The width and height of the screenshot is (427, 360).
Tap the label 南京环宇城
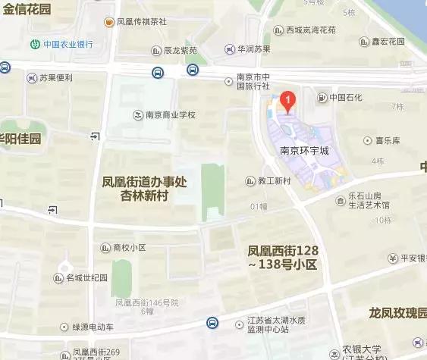[305, 151]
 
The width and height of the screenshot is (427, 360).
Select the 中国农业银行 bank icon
[35, 43]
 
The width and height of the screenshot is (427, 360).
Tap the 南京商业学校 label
[170, 115]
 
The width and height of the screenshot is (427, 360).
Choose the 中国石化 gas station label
[345, 97]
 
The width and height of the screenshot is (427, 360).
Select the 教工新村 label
[274, 181]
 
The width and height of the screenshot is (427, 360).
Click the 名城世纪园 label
[86, 278]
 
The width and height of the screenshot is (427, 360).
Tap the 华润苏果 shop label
[253, 49]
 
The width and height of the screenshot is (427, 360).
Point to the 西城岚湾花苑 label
[309, 31]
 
